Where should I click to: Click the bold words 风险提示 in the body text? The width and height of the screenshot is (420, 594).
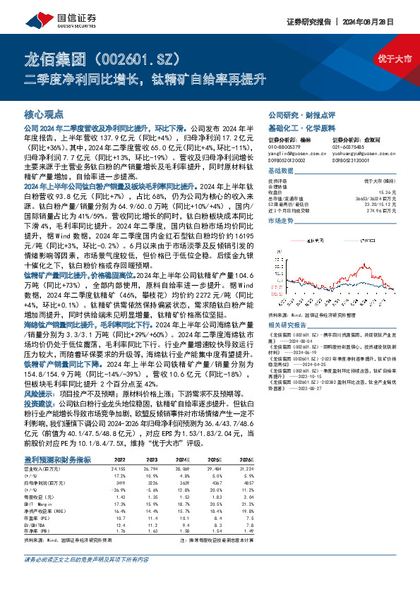coord(37,394)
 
